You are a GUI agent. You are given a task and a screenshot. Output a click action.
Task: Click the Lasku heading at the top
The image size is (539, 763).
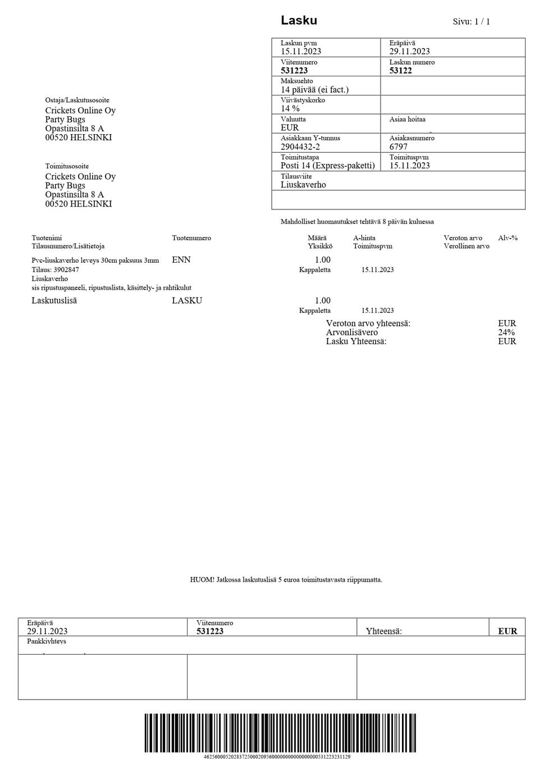pyautogui.click(x=299, y=21)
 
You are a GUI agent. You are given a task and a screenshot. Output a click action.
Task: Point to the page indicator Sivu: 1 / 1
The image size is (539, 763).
pyautogui.click(x=471, y=22)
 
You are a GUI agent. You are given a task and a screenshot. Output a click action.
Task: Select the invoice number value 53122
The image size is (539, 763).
pyautogui.click(x=400, y=71)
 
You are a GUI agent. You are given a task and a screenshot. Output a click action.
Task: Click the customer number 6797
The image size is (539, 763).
pyautogui.click(x=398, y=147)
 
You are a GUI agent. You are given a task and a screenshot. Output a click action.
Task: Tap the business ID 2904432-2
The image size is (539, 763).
pyautogui.click(x=300, y=147)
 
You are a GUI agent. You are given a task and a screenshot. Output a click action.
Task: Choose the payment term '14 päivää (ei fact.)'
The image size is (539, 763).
pyautogui.click(x=314, y=90)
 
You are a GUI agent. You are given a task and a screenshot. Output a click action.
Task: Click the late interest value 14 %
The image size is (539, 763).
pyautogui.click(x=290, y=108)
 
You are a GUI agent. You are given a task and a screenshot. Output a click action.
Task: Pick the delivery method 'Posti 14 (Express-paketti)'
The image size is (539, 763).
pyautogui.click(x=327, y=166)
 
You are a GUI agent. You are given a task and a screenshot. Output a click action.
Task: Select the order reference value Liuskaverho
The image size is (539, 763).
pyautogui.click(x=303, y=185)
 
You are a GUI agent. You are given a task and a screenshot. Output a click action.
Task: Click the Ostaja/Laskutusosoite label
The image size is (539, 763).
pyautogui.click(x=77, y=100)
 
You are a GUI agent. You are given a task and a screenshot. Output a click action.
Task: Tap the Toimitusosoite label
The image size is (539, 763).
pyautogui.click(x=67, y=166)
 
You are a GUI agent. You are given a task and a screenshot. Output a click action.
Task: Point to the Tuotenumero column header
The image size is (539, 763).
pyautogui.click(x=191, y=238)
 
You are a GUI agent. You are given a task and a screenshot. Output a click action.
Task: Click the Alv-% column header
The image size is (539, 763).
pyautogui.click(x=508, y=238)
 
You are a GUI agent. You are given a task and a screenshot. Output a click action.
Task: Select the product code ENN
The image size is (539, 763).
pyautogui.click(x=181, y=260)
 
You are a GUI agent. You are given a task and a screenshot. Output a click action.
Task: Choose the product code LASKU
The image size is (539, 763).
pyautogui.click(x=187, y=300)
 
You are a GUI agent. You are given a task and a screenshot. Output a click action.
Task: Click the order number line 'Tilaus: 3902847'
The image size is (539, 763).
pyautogui.click(x=55, y=269)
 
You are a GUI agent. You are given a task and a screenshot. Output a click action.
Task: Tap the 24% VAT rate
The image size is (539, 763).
pyautogui.click(x=506, y=332)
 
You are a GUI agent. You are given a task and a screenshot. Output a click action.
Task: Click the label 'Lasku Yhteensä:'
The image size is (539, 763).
pyautogui.click(x=356, y=341)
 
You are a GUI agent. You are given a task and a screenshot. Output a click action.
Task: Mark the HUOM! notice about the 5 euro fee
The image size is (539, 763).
pyautogui.click(x=286, y=580)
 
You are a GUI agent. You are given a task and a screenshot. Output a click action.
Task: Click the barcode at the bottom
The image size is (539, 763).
pyautogui.click(x=280, y=733)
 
